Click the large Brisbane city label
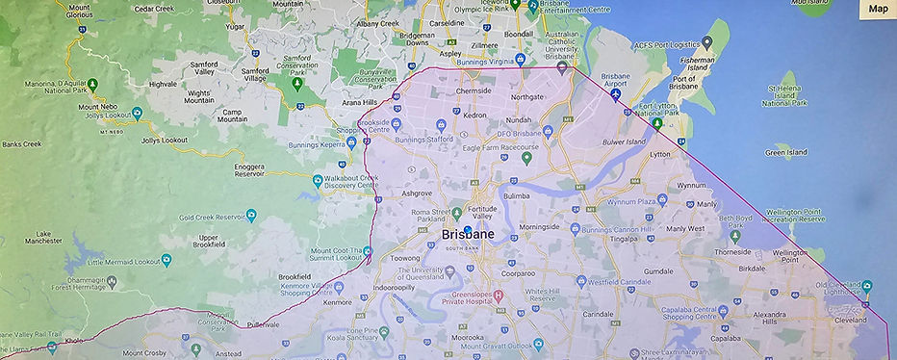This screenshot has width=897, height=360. point(469,235)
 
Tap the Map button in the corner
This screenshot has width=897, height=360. point(878,9)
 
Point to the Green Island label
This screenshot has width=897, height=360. point(786,152)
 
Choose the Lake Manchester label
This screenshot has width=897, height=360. point(43,239)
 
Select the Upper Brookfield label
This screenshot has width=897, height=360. point(208,242)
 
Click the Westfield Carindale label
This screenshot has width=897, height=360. point(623,282)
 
